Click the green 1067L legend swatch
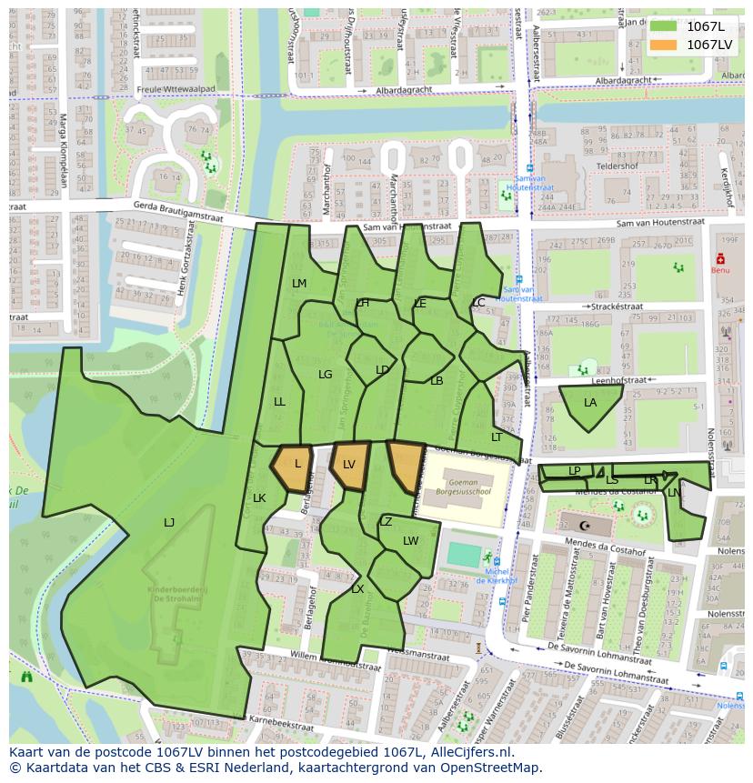tap(664, 26)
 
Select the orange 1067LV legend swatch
tap(664, 45)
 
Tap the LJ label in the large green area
tap(169, 522)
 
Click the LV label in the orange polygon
tap(348, 465)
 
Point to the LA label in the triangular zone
tap(590, 403)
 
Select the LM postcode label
tap(299, 284)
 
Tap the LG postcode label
tap(325, 375)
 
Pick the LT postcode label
tap(497, 437)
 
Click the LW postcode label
tap(411, 541)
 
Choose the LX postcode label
tap(357, 589)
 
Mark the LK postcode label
tap(259, 498)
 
